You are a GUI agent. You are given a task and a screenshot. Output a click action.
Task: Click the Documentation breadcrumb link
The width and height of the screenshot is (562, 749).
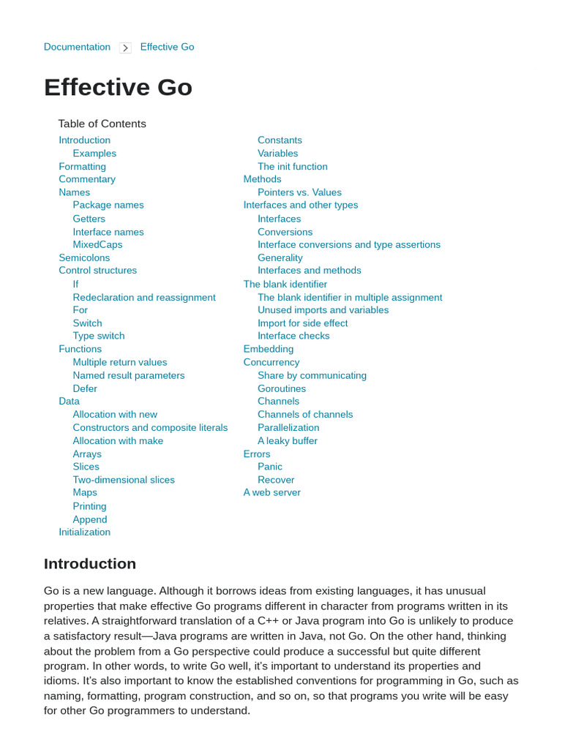77,47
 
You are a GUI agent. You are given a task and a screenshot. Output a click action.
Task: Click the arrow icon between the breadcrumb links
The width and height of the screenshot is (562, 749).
125,48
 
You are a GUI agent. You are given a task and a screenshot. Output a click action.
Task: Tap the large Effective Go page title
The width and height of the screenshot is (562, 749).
118,87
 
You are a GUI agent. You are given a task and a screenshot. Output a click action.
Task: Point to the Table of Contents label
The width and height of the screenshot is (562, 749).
102,124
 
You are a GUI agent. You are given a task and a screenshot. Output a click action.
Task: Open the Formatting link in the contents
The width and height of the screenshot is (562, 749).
82,167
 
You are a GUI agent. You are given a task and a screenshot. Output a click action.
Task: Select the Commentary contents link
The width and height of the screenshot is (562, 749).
87,179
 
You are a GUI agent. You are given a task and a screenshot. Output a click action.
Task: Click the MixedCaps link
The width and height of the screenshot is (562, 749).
97,244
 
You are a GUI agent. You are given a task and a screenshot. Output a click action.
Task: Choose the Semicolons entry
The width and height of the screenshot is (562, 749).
84,257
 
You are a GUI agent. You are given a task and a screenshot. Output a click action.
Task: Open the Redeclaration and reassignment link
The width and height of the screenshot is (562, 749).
144,297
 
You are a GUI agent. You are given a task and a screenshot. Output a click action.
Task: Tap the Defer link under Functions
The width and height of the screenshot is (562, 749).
85,388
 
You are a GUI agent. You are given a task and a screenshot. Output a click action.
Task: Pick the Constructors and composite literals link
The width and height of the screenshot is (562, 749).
150,427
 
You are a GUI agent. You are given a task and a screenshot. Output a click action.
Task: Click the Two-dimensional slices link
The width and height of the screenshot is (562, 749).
124,480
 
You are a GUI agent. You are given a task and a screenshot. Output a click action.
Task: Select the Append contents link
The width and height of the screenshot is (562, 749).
90,519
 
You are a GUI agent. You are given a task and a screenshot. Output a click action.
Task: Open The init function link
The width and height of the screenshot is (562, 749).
293,167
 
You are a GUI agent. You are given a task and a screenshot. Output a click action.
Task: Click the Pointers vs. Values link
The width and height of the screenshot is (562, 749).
299,192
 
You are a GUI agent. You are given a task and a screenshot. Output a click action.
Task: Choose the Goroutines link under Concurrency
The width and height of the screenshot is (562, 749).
282,388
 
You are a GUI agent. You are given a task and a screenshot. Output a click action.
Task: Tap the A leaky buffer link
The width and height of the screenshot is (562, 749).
288,440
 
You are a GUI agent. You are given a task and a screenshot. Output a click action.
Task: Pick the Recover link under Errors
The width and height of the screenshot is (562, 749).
276,480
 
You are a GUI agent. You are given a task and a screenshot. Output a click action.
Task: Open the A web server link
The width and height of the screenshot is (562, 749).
271,492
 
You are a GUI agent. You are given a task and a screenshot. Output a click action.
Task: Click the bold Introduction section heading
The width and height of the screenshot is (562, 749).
90,564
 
